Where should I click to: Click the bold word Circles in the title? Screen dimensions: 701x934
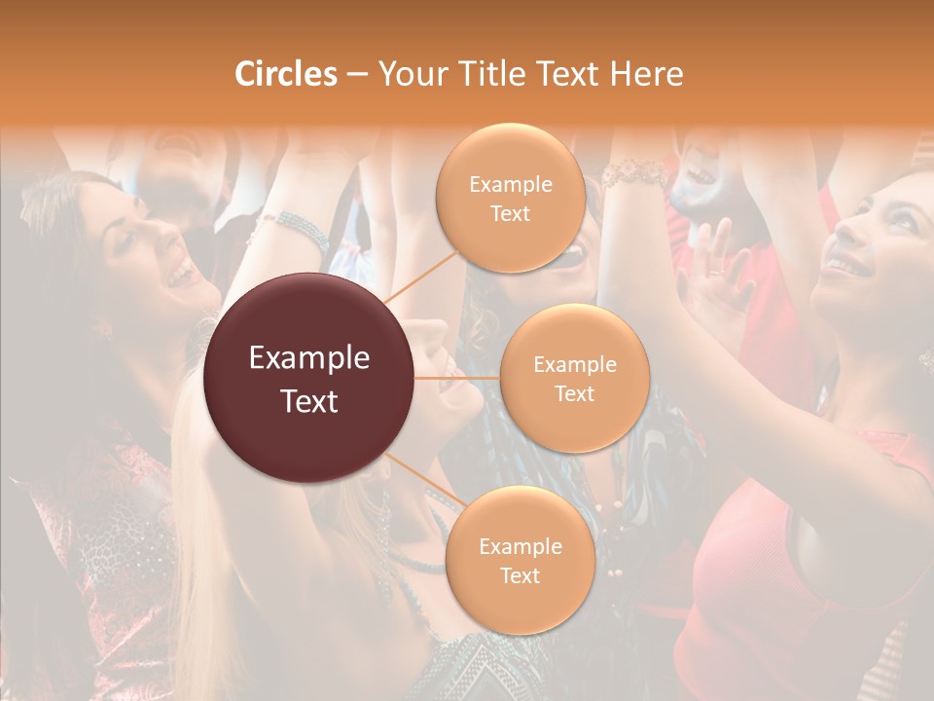tap(285, 74)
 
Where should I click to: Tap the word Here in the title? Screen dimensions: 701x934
tap(647, 74)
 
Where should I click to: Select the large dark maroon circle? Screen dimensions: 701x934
tap(309, 378)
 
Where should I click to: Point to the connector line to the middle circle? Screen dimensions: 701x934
tap(457, 378)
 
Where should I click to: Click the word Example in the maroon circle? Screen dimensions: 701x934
tap(309, 358)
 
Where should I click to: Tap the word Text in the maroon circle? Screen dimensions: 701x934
tap(309, 400)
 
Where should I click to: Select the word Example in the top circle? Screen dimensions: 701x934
tap(510, 185)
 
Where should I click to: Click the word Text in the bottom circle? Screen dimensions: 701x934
tap(520, 575)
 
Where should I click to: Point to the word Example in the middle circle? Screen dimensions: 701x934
tap(574, 365)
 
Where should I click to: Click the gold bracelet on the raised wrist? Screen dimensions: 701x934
tap(633, 175)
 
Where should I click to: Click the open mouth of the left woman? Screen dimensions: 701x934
tap(181, 277)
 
